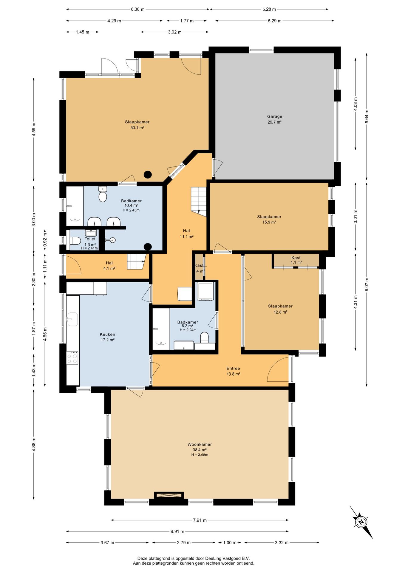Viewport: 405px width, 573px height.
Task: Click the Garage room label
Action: [274, 116]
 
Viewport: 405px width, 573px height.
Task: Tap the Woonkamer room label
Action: [200, 444]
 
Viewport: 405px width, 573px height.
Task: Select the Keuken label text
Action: [107, 334]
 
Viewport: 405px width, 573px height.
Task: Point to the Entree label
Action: [233, 368]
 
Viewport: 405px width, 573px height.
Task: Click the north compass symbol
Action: [361, 522]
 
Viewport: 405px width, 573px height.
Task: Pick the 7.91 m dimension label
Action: [200, 520]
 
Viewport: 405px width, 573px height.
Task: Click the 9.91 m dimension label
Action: [177, 532]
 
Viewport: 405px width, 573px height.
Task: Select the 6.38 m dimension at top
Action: [137, 9]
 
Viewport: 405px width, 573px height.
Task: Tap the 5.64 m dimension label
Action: [367, 117]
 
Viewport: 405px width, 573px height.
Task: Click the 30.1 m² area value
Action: [137, 128]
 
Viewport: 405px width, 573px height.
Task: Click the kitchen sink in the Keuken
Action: [72, 319]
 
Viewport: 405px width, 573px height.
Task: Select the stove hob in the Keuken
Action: [72, 358]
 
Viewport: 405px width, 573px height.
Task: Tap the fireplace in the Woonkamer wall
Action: [169, 495]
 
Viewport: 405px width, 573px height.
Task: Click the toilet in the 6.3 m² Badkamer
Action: [204, 338]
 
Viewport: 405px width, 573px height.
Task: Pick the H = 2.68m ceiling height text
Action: [200, 455]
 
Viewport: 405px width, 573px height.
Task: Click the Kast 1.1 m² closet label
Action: [296, 260]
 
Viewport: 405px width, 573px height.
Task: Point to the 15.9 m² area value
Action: [269, 222]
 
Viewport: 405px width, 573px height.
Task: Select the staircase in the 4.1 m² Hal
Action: [136, 261]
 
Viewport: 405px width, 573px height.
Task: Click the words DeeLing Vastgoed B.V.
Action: [228, 558]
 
